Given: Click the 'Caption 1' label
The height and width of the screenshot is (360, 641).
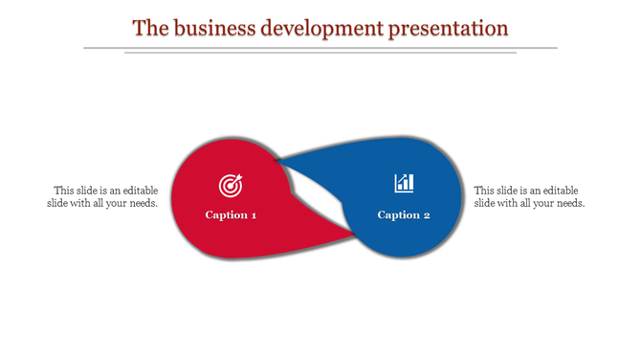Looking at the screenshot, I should pyautogui.click(x=231, y=214).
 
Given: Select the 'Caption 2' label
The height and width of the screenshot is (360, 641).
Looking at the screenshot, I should pyautogui.click(x=404, y=214).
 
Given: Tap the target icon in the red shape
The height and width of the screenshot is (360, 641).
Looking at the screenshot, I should pyautogui.click(x=231, y=183).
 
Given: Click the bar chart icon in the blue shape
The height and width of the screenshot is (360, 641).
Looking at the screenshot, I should pyautogui.click(x=404, y=182).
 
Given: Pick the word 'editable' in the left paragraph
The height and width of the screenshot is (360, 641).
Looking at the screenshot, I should pyautogui.click(x=138, y=191).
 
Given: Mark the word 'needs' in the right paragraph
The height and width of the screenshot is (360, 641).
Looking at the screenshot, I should pyautogui.click(x=568, y=203).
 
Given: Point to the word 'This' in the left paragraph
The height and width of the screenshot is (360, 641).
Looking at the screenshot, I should pyautogui.click(x=64, y=191).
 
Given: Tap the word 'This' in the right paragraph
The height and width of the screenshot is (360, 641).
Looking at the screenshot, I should pyautogui.click(x=485, y=191).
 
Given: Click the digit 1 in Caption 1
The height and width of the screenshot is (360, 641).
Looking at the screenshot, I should pyautogui.click(x=254, y=214).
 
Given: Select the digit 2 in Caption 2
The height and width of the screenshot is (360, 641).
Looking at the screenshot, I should pyautogui.click(x=427, y=214).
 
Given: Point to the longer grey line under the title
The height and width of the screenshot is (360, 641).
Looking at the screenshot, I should pyautogui.click(x=320, y=47).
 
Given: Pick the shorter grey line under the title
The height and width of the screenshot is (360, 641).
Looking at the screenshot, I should pyautogui.click(x=320, y=53).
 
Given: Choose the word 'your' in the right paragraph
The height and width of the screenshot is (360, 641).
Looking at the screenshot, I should pyautogui.click(x=539, y=203).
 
